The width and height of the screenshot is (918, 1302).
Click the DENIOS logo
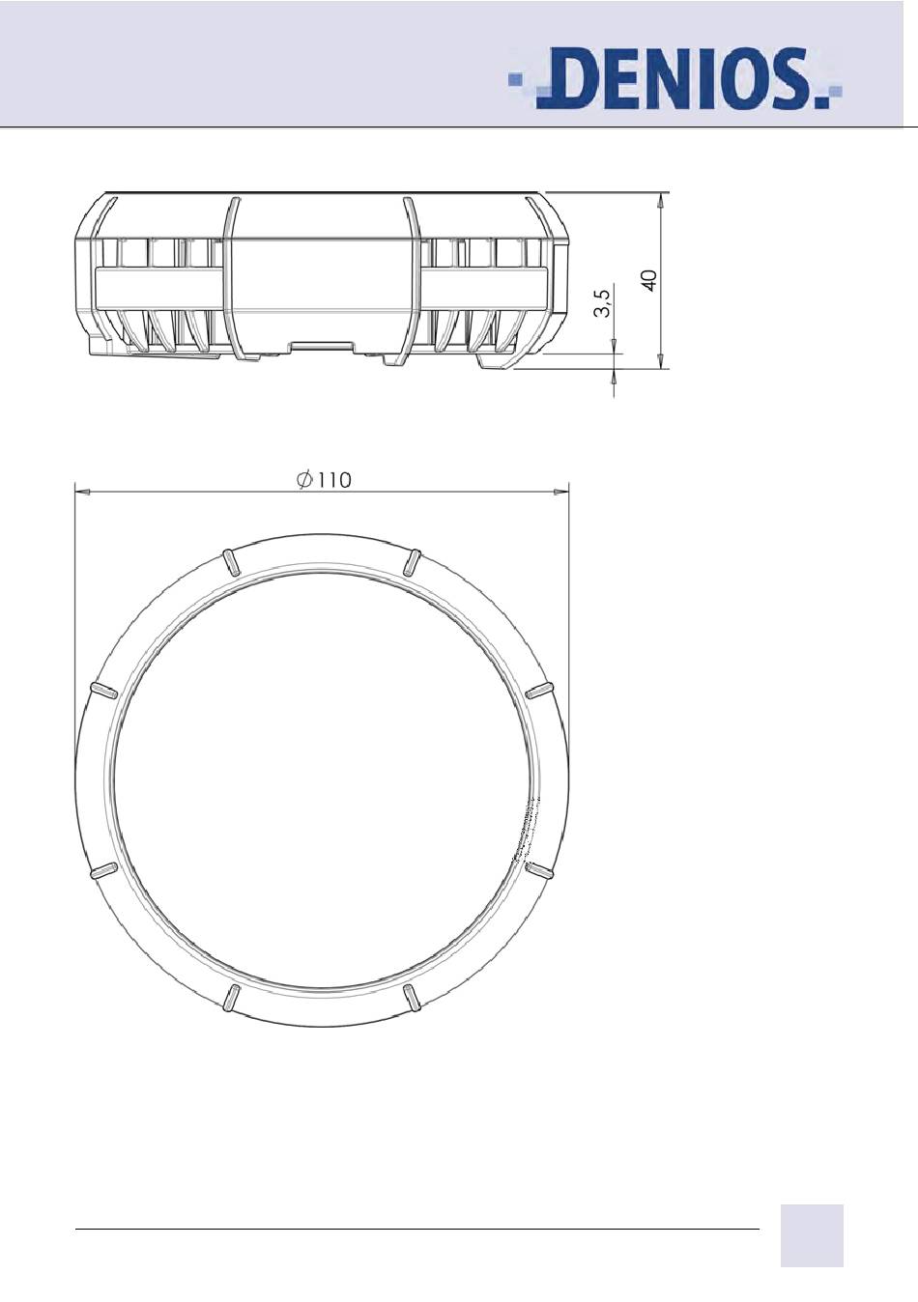click(x=675, y=79)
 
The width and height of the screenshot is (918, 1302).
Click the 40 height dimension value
click(x=650, y=280)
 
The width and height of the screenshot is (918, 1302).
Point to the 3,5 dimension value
click(x=602, y=303)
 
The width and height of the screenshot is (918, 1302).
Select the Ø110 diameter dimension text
click(x=324, y=480)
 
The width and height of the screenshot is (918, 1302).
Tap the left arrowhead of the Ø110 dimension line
click(x=82, y=492)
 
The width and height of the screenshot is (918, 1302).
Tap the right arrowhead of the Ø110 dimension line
click(x=562, y=492)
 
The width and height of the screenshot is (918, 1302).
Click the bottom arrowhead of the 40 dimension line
click(x=660, y=360)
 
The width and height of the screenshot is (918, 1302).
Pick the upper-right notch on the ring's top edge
click(x=413, y=562)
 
